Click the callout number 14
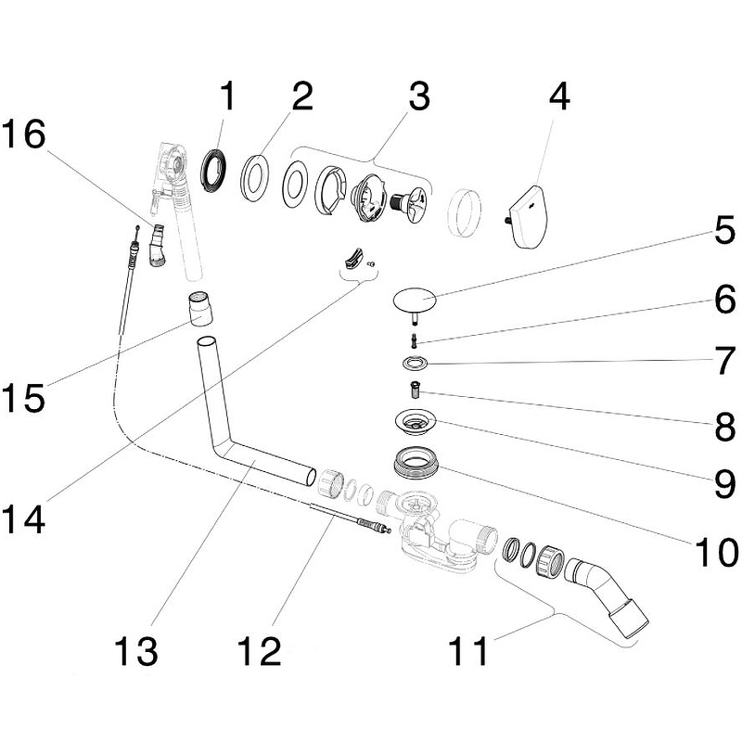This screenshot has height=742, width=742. [24, 519]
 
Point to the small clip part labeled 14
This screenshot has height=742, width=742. [353, 261]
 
